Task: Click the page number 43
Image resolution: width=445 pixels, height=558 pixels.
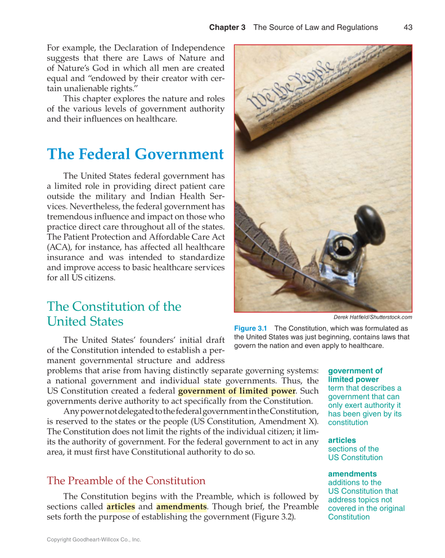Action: point(408,27)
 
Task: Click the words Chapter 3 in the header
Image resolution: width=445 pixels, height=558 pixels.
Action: point(227,27)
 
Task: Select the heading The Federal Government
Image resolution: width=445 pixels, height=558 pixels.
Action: point(135,154)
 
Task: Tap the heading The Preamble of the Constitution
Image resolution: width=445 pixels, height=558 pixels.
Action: point(126,480)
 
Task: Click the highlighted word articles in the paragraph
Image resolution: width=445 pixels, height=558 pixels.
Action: point(120,507)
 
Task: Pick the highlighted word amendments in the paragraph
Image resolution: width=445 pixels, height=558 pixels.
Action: point(181,507)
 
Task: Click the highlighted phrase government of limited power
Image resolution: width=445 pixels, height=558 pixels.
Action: point(236,391)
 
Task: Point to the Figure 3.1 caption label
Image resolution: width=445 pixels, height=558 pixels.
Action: point(250,328)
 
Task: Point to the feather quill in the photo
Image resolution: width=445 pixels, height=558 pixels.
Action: point(264,236)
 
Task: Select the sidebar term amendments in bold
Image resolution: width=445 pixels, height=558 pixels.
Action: point(352,474)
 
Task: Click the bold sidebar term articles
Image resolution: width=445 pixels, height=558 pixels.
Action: point(341,440)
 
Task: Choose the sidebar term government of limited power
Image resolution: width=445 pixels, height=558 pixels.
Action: point(354,375)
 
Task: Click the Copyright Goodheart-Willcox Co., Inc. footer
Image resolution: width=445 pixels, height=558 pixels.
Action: point(93,539)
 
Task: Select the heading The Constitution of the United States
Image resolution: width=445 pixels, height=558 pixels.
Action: point(114,314)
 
